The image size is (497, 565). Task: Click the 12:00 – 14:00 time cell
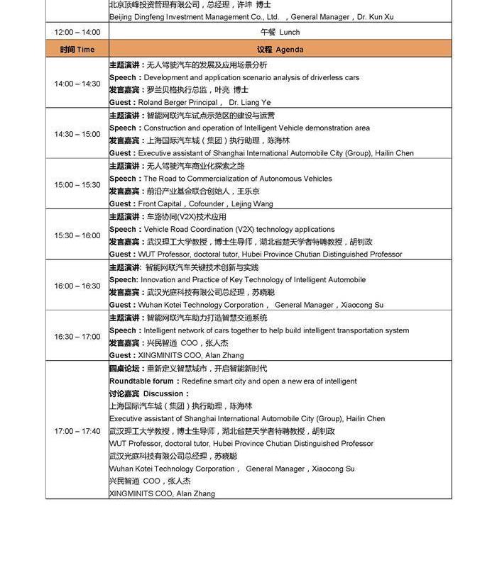(77, 32)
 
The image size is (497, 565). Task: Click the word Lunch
(290, 32)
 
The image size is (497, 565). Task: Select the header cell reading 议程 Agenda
(280, 50)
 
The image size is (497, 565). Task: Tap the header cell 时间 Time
(77, 50)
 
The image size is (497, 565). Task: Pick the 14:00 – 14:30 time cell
(77, 84)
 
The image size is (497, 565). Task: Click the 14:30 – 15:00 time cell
(77, 134)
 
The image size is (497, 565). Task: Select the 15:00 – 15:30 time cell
(77, 185)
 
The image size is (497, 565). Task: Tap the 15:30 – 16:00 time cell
(77, 235)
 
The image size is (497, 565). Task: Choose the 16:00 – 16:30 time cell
(77, 286)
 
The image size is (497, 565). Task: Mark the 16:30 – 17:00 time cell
(77, 337)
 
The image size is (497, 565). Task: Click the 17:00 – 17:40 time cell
(77, 431)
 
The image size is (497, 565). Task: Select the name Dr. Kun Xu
(375, 17)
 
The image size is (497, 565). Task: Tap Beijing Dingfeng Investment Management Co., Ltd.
(194, 17)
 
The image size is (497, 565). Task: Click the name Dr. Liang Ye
(250, 103)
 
